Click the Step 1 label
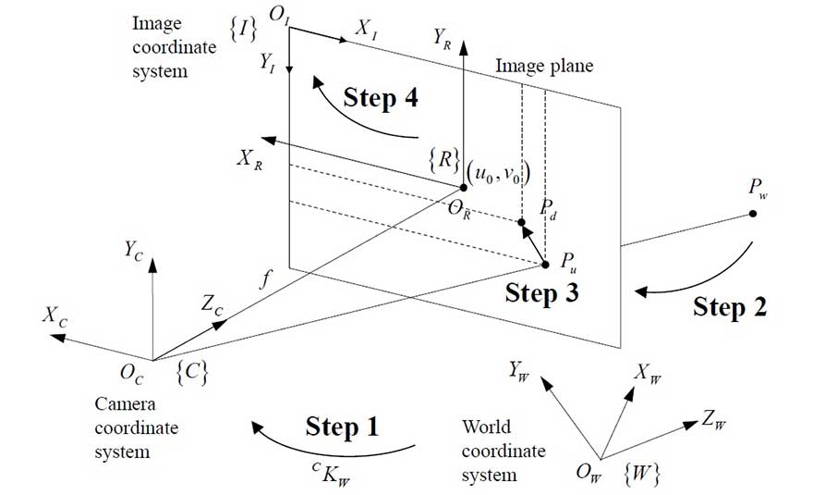tap(342, 427)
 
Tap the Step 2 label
tap(730, 306)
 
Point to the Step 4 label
tap(381, 98)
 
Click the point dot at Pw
tap(753, 214)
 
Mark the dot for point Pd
tap(521, 223)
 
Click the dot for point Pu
tap(545, 265)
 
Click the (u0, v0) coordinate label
tap(500, 172)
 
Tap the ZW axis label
tap(712, 422)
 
